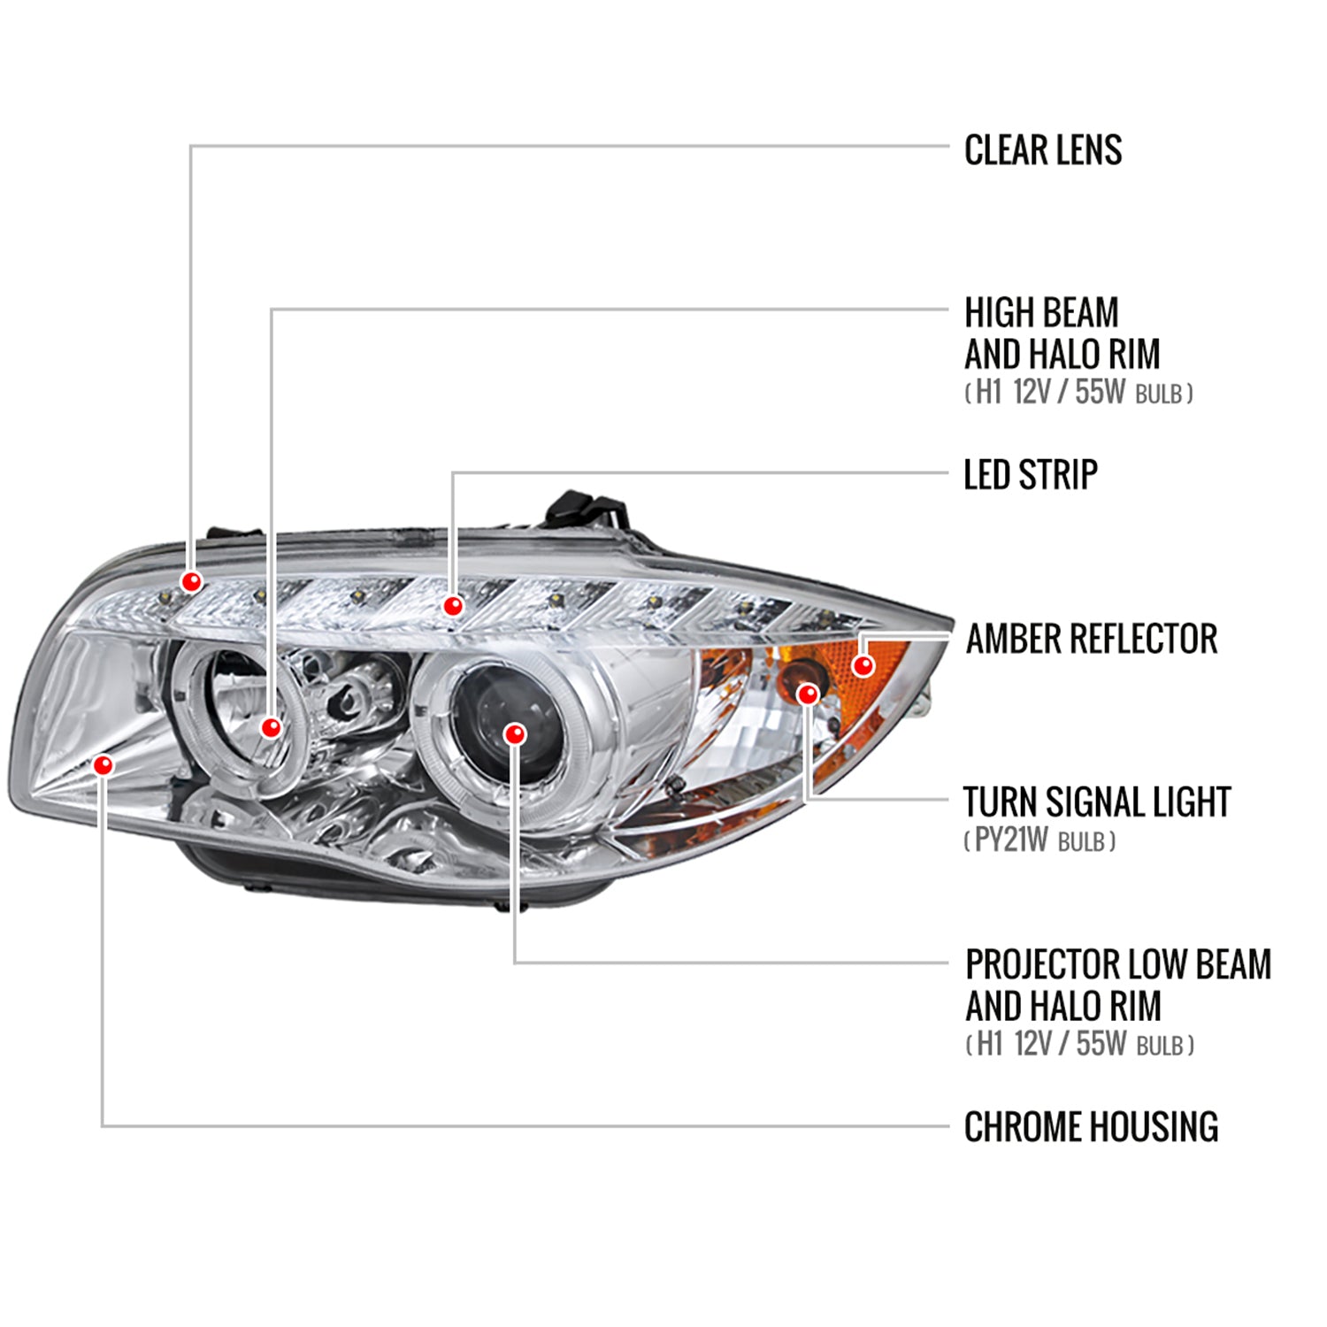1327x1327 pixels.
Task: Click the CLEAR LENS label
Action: (1042, 150)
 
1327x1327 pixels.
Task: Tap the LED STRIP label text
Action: (1030, 475)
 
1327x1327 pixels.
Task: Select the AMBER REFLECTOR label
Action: (1091, 639)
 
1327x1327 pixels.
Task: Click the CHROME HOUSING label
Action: (1091, 1127)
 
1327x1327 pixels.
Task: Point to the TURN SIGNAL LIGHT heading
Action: (1096, 802)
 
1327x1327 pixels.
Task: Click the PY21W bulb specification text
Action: (1039, 840)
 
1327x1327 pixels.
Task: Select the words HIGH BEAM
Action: (1041, 313)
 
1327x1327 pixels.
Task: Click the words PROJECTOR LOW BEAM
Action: (1117, 964)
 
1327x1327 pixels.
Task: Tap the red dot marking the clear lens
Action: (191, 581)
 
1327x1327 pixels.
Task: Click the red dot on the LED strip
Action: (453, 606)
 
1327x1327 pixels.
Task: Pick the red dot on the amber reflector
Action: (863, 665)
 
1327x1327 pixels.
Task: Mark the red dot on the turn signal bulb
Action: (807, 694)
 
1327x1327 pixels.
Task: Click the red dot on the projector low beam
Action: (514, 733)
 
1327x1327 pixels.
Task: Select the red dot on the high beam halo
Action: (271, 727)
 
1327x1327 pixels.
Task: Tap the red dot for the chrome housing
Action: (104, 764)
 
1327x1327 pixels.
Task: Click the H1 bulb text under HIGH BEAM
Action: (1078, 393)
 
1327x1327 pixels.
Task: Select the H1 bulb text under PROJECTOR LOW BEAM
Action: (1078, 1045)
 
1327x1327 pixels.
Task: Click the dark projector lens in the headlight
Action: (495, 717)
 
